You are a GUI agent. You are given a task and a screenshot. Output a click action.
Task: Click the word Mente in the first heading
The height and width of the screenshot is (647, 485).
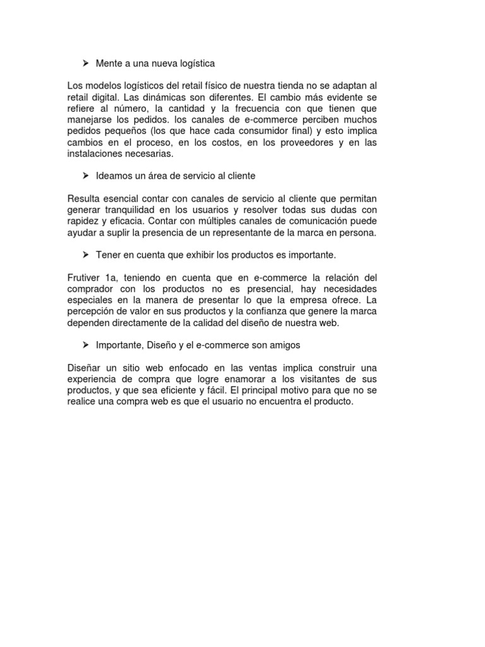click(109, 63)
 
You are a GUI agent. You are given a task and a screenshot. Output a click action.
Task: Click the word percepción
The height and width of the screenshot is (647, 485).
click(92, 311)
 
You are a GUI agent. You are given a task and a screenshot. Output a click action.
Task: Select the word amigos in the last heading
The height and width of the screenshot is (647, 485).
click(284, 345)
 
